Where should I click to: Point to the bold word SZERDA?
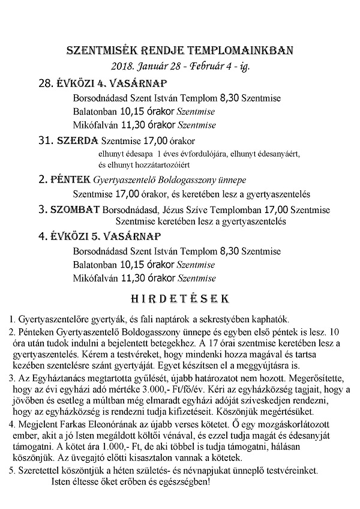[x=77, y=141]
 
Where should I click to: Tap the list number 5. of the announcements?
[x=12, y=471]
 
